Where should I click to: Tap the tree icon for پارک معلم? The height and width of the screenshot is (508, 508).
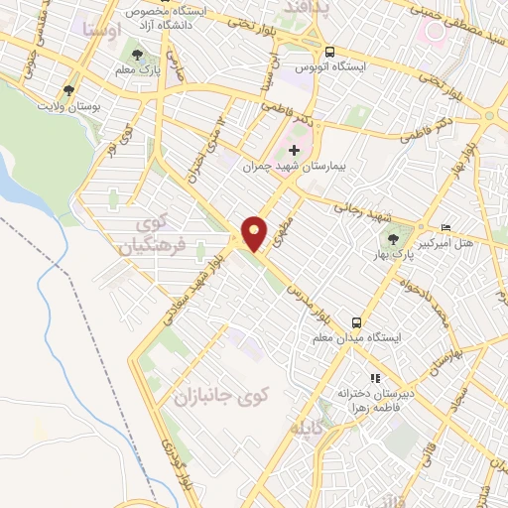tap(136, 56)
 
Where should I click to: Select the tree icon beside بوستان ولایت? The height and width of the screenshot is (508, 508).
tap(68, 90)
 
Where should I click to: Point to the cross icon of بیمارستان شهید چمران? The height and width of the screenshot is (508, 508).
tap(293, 150)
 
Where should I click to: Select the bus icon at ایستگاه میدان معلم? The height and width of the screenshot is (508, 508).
tap(355, 323)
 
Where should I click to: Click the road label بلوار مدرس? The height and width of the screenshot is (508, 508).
tap(308, 286)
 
